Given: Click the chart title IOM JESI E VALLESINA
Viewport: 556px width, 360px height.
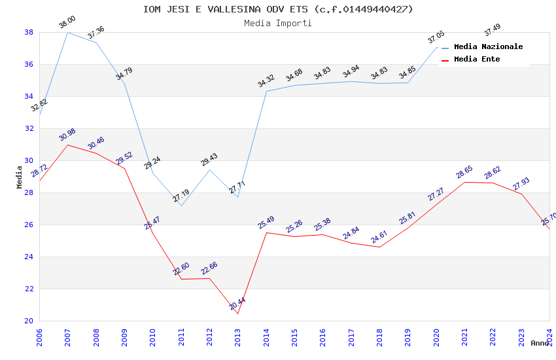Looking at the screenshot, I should coord(278,9).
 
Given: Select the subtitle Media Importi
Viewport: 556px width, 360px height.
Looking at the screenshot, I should coord(278,23).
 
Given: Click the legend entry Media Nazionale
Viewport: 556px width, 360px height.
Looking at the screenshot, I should coord(488,46).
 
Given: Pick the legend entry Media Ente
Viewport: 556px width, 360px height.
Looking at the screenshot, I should coord(477,59).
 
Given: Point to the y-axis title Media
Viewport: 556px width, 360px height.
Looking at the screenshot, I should coord(20,177).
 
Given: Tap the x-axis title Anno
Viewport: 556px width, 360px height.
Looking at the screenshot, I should coord(540,343).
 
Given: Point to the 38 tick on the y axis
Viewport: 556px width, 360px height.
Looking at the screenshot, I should coord(29,32).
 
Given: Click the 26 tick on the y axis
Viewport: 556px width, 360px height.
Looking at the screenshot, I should coord(29,225).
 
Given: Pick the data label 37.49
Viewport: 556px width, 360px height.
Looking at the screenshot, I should coord(493,29).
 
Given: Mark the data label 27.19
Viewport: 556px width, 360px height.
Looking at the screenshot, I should coord(181,196).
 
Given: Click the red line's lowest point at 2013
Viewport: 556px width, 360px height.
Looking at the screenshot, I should coord(237,314).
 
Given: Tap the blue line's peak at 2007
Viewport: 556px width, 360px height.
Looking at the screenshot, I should coord(67,32).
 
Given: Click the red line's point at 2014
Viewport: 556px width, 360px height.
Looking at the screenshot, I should coord(266,232).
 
